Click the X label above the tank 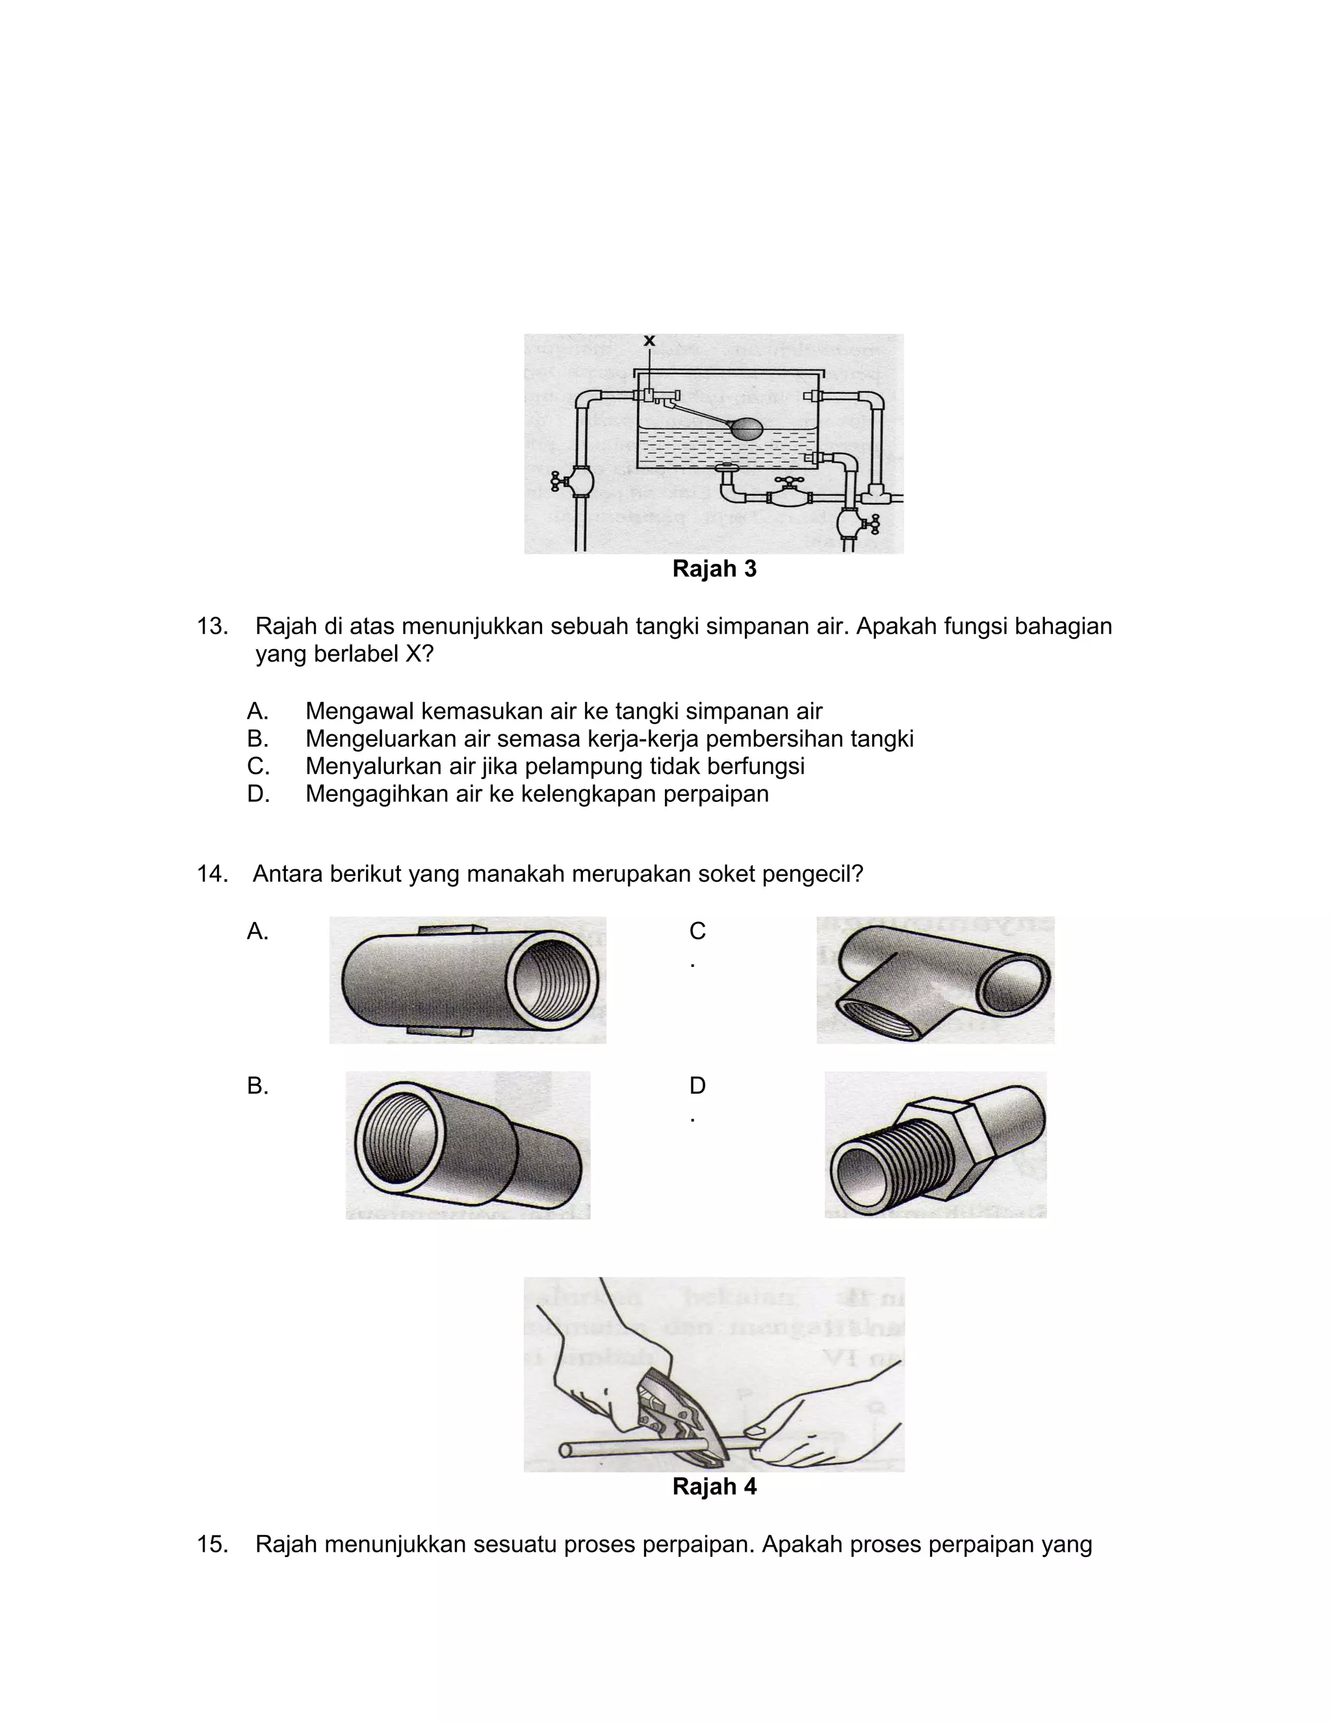649,341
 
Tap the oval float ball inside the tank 746,429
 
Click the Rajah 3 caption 714,569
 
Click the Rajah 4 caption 714,1486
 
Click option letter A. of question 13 257,711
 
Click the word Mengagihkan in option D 369,793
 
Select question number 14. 212,873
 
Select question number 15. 212,1544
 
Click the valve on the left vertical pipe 578,481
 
